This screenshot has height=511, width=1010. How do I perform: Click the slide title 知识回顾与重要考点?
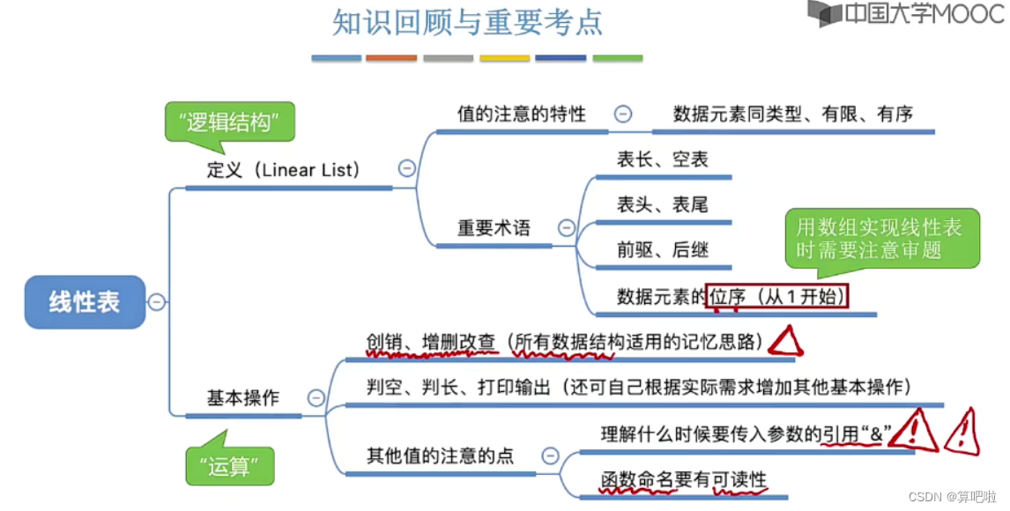coord(468,22)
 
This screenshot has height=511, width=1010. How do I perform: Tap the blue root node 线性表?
coord(85,302)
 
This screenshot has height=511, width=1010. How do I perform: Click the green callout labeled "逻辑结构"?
coord(229,122)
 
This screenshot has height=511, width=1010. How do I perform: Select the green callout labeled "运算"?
coord(230,465)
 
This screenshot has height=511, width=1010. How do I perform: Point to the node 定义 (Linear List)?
coord(284,170)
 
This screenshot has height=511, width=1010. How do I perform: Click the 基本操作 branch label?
coord(242,397)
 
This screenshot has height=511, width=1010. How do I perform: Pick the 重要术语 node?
coord(494,228)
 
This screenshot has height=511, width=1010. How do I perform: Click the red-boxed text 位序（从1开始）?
coord(777,297)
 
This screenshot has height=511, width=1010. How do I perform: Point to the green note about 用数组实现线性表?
coord(882,238)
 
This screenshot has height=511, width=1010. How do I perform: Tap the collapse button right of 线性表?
coord(157,302)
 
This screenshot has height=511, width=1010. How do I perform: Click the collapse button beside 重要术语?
coord(567,228)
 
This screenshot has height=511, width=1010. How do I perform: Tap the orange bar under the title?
coord(391,58)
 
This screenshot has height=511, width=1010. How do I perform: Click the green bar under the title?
coord(617,58)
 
